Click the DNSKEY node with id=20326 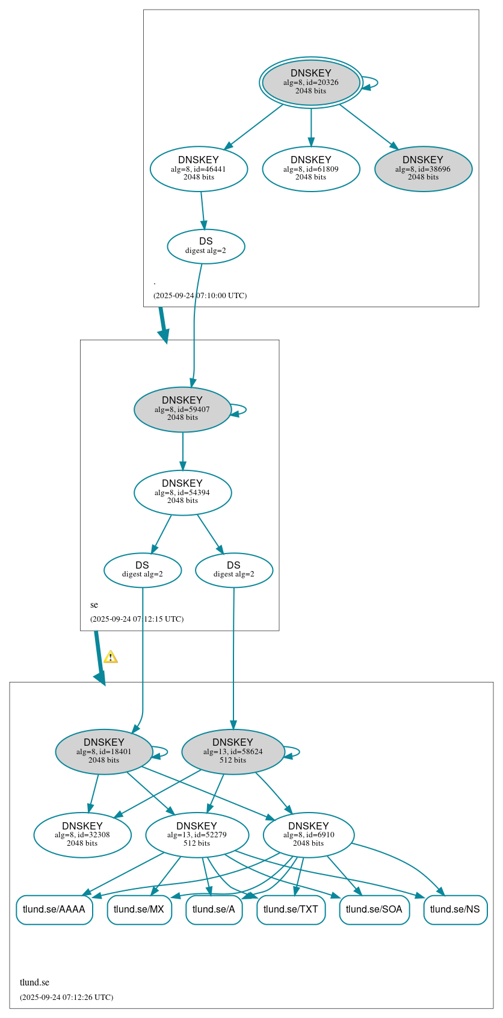tap(310, 83)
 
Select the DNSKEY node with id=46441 tap(199, 169)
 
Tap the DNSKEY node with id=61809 tap(310, 169)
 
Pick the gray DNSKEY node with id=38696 tap(423, 169)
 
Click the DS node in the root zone tap(206, 246)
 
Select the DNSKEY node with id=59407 tap(182, 409)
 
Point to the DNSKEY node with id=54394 tap(182, 492)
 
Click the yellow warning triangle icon tap(111, 657)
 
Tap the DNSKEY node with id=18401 tap(104, 751)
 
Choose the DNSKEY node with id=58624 tap(233, 751)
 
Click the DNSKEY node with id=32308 tap(82, 835)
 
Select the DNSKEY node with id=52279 tap(197, 835)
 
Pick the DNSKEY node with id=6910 tap(308, 835)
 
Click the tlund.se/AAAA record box tap(54, 909)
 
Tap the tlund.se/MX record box tap(139, 909)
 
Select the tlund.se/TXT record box tap(291, 909)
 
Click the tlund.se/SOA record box tap(374, 909)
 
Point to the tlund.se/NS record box tap(455, 909)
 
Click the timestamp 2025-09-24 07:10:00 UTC tap(200, 296)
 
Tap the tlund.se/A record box tap(214, 909)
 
